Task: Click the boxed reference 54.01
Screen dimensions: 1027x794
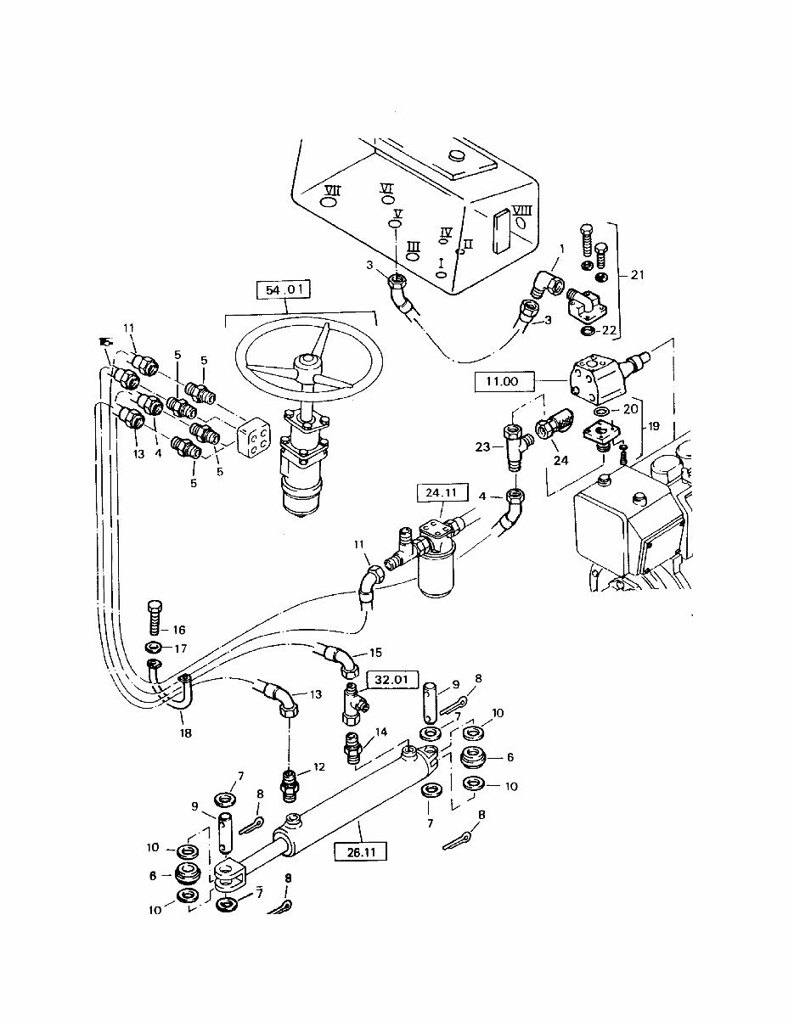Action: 284,291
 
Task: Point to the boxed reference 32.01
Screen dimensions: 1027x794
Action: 388,679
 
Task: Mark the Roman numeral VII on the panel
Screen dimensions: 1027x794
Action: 332,190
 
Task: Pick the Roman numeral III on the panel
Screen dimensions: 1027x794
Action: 414,246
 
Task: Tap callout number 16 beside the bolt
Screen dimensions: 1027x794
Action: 178,631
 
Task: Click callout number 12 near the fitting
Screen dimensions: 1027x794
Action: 318,767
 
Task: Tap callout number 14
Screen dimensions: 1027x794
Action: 380,732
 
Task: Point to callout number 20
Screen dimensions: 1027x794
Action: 631,408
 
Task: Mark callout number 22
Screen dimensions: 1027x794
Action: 610,330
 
